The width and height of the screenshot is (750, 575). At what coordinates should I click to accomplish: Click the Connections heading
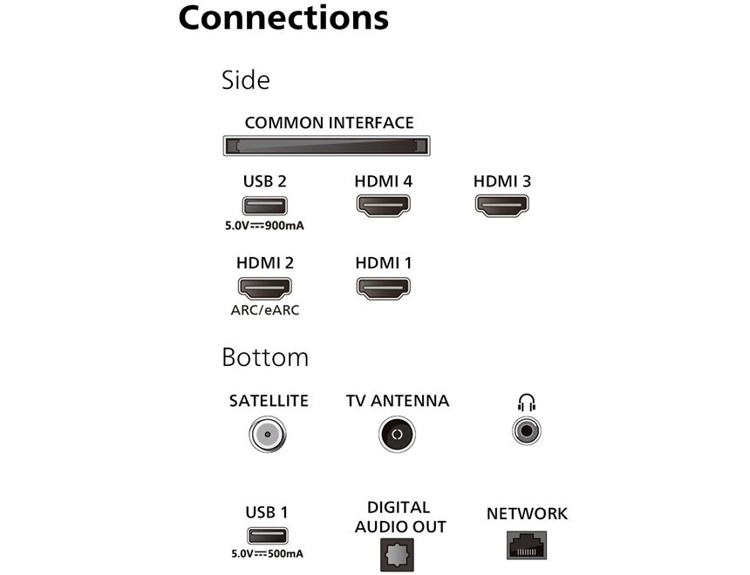[283, 17]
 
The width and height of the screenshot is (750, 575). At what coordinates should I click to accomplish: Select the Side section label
[246, 80]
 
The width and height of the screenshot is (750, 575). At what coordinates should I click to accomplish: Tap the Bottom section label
[265, 357]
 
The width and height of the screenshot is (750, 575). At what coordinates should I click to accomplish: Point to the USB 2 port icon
[265, 206]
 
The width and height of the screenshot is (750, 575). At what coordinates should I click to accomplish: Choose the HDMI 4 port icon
[383, 206]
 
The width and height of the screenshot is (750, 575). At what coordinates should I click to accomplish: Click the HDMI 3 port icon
[501, 206]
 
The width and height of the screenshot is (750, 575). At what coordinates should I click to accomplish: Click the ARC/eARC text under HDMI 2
[265, 310]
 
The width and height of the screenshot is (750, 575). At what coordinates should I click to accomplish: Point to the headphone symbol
[526, 402]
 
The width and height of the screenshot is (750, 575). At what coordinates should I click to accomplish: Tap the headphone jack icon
[527, 430]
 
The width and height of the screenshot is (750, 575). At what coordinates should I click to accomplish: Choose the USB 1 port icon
[267, 536]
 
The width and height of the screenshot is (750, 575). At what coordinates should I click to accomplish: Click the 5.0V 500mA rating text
[267, 554]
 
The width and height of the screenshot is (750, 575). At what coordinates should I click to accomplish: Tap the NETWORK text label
[527, 514]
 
